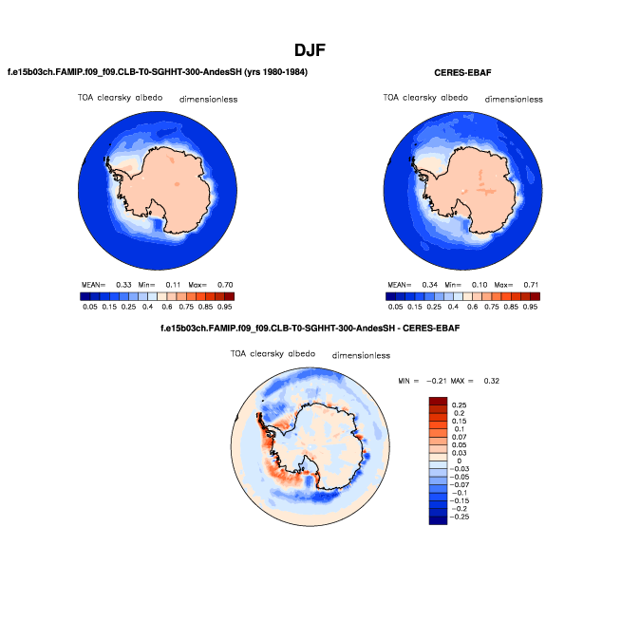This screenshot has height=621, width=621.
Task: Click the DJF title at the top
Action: click(310, 49)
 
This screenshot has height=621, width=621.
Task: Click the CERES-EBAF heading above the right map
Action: click(462, 72)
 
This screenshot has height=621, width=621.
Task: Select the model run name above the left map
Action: click(158, 72)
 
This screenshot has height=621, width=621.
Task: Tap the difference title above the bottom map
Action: click(310, 329)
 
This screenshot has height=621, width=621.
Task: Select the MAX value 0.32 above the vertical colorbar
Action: click(489, 380)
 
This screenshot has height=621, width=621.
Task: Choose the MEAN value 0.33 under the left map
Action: click(123, 284)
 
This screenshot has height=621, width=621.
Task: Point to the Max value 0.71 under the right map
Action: click(534, 284)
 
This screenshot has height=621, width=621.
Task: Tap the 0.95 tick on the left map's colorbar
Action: click(226, 307)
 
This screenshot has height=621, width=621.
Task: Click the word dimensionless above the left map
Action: click(209, 99)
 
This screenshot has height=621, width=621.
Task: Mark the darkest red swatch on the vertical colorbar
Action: click(437, 400)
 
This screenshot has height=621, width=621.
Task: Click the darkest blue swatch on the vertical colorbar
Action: click(437, 520)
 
